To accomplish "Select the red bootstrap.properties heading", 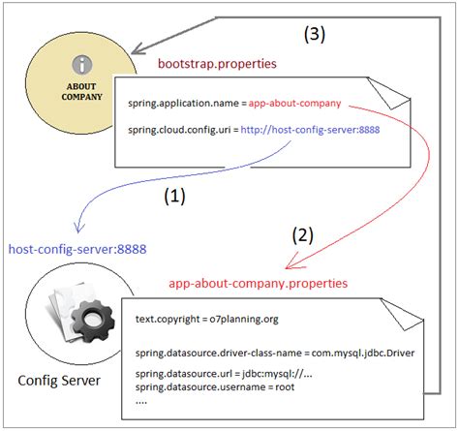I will tap(217, 63).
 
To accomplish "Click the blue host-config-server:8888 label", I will tap(77, 249).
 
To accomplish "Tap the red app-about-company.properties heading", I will tap(258, 284).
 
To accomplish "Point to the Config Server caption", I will tap(59, 381).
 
